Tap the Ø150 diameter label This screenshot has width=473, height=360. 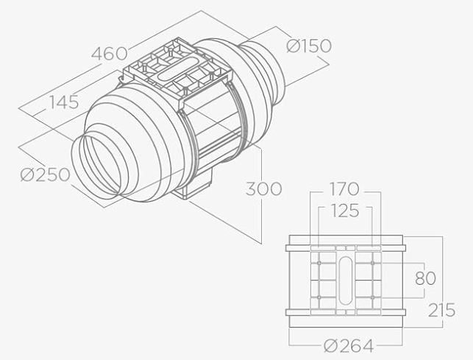[308, 46]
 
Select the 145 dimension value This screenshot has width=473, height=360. [64, 102]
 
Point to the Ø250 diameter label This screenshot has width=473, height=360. [46, 175]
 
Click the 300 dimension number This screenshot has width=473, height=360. [263, 189]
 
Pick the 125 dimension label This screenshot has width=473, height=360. [344, 212]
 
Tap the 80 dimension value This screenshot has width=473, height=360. [424, 279]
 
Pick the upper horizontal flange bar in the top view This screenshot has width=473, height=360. [345, 241]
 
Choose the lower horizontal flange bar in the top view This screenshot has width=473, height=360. [345, 317]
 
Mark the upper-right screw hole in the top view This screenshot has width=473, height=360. [374, 261]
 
